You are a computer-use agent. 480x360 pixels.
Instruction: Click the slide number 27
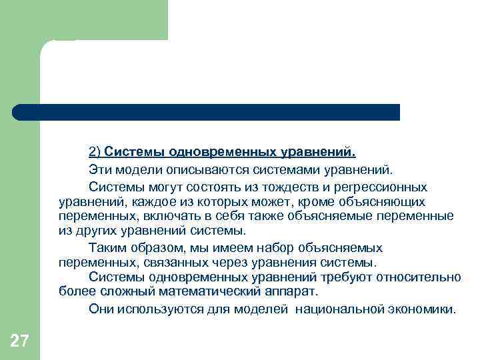pyautogui.click(x=19, y=341)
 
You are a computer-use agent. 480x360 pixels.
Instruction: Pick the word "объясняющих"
pyautogui.click(x=391, y=201)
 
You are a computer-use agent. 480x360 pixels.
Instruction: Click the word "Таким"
pyautogui.click(x=107, y=247)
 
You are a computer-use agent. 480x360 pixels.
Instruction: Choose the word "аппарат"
pyautogui.click(x=289, y=292)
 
